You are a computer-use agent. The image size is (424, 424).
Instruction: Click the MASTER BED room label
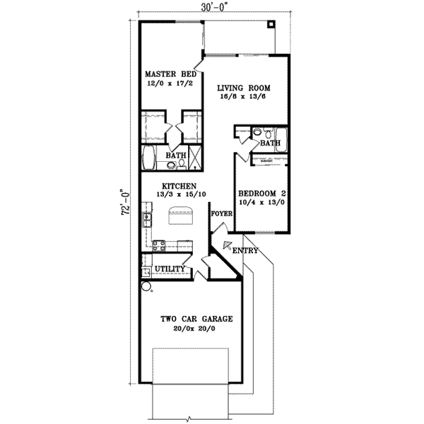point(170,73)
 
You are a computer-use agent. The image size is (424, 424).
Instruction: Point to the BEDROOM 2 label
point(261,193)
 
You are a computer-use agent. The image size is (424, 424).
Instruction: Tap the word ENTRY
point(245,251)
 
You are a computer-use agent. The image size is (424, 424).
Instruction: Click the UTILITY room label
point(170,269)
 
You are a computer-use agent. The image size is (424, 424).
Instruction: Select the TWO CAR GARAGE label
point(196,319)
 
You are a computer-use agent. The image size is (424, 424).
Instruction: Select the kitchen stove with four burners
point(159,247)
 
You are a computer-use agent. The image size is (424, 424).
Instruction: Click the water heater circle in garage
point(147,287)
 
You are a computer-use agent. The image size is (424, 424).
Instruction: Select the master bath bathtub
point(150,158)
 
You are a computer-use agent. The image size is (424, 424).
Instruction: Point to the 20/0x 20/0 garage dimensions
point(196,329)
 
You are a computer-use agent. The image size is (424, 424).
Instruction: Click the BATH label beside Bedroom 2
point(271,143)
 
